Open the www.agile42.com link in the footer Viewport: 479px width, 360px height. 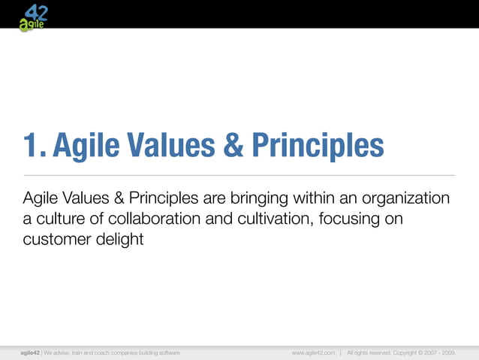(313, 352)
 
